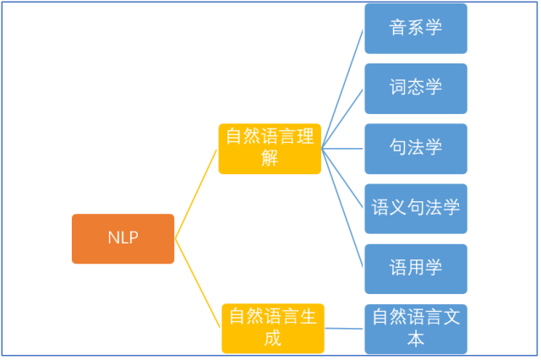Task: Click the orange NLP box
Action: click(x=123, y=238)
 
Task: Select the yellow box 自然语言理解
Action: click(x=270, y=149)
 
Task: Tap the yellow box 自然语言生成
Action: click(x=272, y=328)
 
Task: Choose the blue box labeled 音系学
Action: click(x=416, y=29)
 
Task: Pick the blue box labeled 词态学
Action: click(x=416, y=88)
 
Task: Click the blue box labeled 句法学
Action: click(x=416, y=148)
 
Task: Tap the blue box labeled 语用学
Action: click(x=416, y=269)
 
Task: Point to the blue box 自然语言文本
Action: click(x=416, y=329)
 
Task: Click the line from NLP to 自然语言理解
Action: click(x=196, y=194)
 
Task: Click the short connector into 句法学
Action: click(x=343, y=149)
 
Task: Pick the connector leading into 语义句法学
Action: click(x=343, y=178)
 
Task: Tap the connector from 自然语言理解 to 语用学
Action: click(x=343, y=208)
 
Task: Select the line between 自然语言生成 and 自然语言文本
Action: click(x=345, y=329)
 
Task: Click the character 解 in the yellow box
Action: click(x=270, y=159)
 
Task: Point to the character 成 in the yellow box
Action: click(x=272, y=339)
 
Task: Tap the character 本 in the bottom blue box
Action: click(x=416, y=340)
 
